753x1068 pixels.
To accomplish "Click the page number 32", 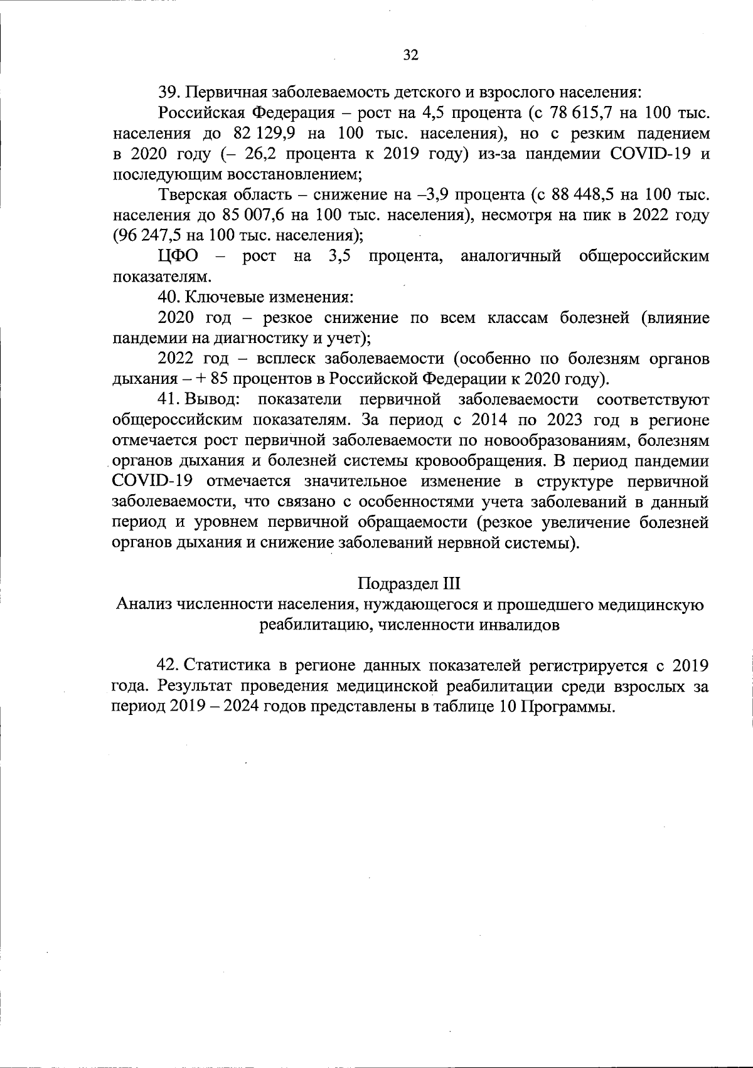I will tap(410, 55).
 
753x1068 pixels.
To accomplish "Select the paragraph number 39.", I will tap(169, 93).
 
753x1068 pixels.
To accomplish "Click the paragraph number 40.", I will tap(169, 297).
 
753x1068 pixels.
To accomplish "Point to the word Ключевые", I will tap(220, 297).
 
